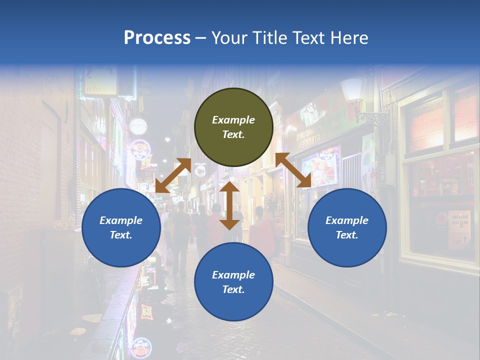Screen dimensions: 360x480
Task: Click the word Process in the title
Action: [x=157, y=38]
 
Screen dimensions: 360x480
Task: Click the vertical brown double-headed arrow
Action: [x=229, y=205]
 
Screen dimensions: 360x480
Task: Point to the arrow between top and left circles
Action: [x=173, y=175]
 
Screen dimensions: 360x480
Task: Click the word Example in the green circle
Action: [x=233, y=120]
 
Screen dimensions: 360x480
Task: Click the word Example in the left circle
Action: [x=121, y=220]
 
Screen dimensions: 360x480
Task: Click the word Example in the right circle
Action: [x=347, y=220]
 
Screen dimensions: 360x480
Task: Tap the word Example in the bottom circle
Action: [x=233, y=275]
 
